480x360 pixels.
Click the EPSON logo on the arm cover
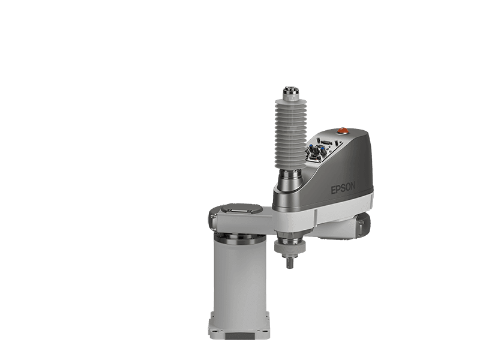[x=343, y=188]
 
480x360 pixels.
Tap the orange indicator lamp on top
[x=343, y=130]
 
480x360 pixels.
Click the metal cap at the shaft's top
[x=291, y=91]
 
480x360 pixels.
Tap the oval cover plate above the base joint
[x=242, y=209]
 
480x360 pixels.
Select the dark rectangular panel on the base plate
[x=240, y=336]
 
